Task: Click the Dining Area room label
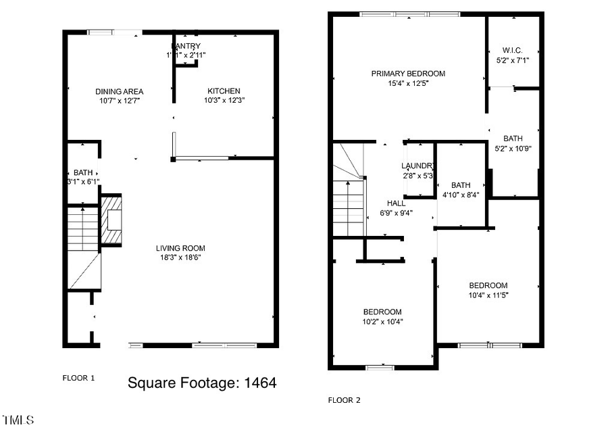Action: pyautogui.click(x=119, y=91)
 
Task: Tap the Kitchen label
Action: pyautogui.click(x=224, y=91)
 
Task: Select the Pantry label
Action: pyautogui.click(x=186, y=47)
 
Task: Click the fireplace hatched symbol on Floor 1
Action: pyautogui.click(x=111, y=220)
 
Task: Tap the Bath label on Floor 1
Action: pyautogui.click(x=84, y=172)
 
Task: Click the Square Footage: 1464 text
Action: pyautogui.click(x=202, y=383)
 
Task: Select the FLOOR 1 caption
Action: pyautogui.click(x=78, y=378)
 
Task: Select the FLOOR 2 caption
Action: pyautogui.click(x=345, y=400)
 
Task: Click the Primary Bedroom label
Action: pyautogui.click(x=408, y=74)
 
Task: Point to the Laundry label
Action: pyautogui.click(x=417, y=166)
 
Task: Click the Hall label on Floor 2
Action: pyautogui.click(x=397, y=203)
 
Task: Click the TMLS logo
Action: pyautogui.click(x=18, y=420)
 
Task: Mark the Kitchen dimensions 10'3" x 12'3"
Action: pyautogui.click(x=224, y=100)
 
